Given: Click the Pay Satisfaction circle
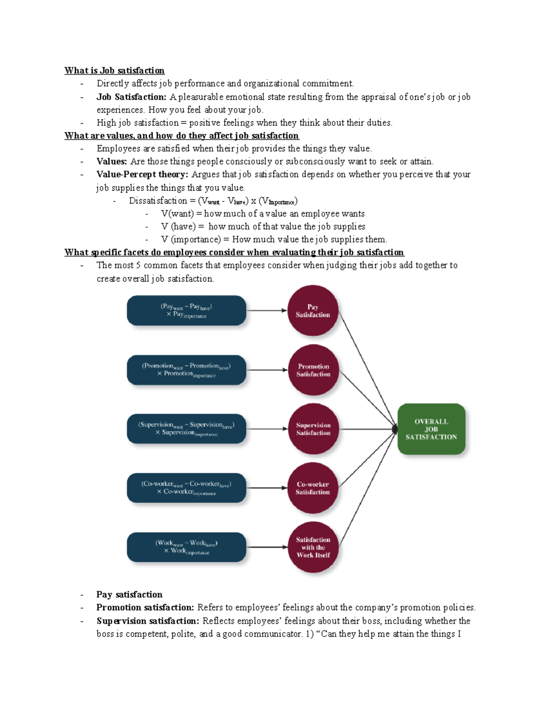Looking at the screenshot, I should click(313, 310).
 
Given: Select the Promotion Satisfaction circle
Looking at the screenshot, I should click(313, 370).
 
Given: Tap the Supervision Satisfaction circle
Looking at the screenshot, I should click(313, 429).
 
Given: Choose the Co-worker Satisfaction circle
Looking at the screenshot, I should click(313, 488).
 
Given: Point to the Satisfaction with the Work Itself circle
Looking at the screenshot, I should click(313, 547).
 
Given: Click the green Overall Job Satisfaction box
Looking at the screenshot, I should click(431, 429).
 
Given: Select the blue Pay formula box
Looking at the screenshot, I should click(186, 310).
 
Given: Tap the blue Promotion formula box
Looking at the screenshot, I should click(186, 370).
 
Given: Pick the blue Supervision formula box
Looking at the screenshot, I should click(186, 429).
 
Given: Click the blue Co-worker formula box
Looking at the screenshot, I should click(186, 488).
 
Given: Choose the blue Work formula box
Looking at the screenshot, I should click(186, 547).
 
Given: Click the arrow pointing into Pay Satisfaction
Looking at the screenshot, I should click(267, 310).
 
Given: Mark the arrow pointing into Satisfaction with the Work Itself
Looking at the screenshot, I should click(267, 547).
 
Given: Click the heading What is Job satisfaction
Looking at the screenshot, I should click(114, 70).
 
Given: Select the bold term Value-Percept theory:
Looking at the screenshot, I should click(142, 174).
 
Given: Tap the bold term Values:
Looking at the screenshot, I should click(111, 161).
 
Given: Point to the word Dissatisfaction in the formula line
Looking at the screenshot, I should click(158, 201).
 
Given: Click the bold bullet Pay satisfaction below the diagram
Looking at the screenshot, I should click(129, 594).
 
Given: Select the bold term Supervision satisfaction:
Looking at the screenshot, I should click(148, 621).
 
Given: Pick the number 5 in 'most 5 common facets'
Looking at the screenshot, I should click(138, 265).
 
